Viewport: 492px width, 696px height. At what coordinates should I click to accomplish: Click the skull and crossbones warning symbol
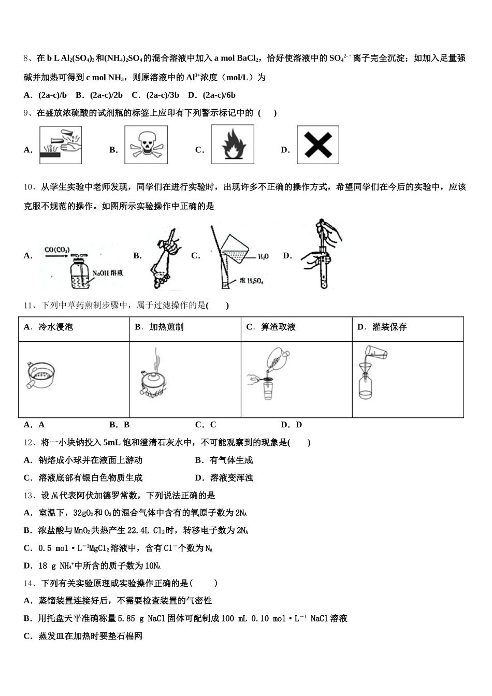pyautogui.click(x=146, y=145)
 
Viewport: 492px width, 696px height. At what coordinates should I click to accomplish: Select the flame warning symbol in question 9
pyautogui.click(x=233, y=145)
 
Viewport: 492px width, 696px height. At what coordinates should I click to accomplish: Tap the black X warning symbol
pyautogui.click(x=318, y=145)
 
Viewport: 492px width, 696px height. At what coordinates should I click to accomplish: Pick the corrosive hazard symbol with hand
pyautogui.click(x=61, y=146)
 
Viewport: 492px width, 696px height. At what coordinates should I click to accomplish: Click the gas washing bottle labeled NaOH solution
pyautogui.click(x=80, y=275)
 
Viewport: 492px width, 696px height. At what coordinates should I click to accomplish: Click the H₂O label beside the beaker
pyautogui.click(x=263, y=256)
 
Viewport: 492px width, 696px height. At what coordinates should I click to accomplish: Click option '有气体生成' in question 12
pyautogui.click(x=231, y=460)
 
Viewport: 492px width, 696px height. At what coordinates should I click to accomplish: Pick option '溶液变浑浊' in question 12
pyautogui.click(x=231, y=477)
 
